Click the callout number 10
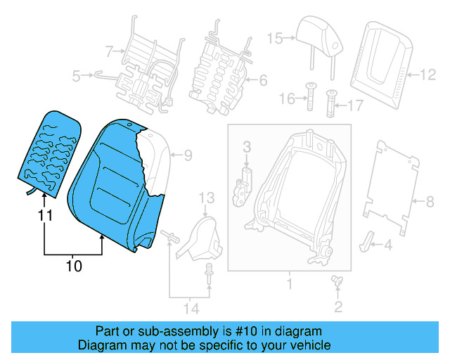pos(73,266)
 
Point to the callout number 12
pos(427,73)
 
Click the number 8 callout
pos(430,202)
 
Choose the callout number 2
pos(338,306)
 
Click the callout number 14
pos(190,308)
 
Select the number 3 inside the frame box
pos(247,147)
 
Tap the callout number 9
pos(188,155)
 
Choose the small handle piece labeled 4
pos(368,240)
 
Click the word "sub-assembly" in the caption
pos(188,331)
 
